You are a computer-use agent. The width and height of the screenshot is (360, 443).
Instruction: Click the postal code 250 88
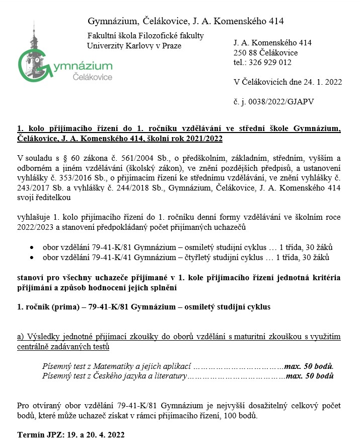tap(244, 53)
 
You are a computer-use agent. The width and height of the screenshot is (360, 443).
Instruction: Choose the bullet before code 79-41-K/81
tap(32, 248)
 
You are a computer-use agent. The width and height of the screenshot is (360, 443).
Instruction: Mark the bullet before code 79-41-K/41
tap(32, 258)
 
